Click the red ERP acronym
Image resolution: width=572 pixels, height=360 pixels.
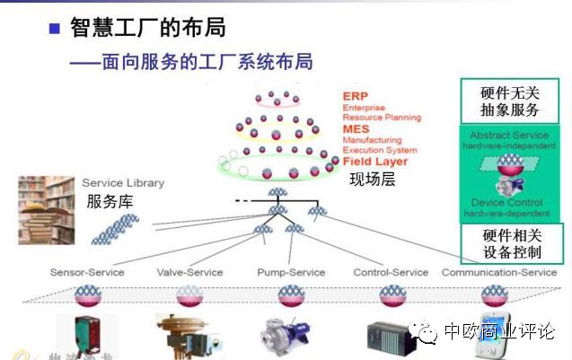tap(356, 96)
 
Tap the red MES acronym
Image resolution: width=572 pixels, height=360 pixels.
tap(356, 129)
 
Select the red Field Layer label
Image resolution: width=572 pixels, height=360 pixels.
tap(374, 162)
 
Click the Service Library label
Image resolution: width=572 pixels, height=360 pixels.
tap(123, 183)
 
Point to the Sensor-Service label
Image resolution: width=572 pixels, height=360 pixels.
tap(87, 272)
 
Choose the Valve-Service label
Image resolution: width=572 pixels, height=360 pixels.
tap(189, 272)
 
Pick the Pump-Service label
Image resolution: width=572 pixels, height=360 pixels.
tap(289, 272)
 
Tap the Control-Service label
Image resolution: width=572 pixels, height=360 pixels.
tap(392, 272)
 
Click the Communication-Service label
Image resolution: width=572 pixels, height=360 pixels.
tap(499, 272)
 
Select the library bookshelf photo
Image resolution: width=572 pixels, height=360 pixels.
tap(46, 210)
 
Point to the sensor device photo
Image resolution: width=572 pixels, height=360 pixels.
tap(87, 333)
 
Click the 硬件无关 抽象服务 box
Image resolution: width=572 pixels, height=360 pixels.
tap(510, 101)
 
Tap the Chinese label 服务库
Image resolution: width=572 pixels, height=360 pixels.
tap(110, 201)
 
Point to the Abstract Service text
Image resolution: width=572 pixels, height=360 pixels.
tap(509, 136)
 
